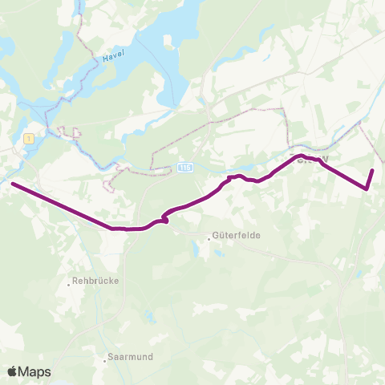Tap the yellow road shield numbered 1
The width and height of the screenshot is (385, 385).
click(30, 138)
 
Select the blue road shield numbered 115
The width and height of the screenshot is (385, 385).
click(185, 166)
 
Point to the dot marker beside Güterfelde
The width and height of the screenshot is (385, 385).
click(207, 237)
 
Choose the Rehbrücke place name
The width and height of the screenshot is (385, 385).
click(95, 282)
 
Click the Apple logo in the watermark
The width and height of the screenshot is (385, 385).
click(12, 371)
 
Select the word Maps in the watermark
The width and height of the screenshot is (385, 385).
click(35, 371)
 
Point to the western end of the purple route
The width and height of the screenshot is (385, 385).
click(12, 184)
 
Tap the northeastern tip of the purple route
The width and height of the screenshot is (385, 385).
click(373, 170)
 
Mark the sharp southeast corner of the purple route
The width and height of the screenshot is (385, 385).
click(367, 189)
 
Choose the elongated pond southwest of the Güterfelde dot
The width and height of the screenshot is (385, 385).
click(196, 250)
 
